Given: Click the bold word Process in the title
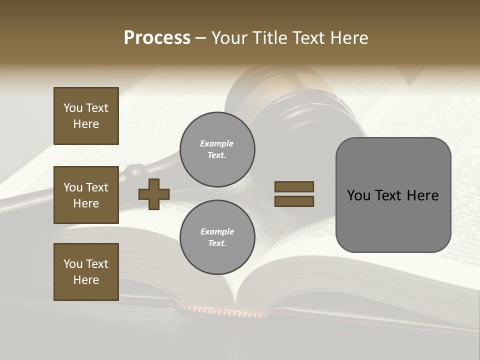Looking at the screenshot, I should (x=157, y=37).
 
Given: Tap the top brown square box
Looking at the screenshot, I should (x=86, y=116).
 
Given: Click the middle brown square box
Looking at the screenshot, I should (x=86, y=195).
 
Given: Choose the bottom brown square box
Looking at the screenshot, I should (x=86, y=272).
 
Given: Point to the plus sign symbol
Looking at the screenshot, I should (x=153, y=194).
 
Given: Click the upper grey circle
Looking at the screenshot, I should (x=217, y=149).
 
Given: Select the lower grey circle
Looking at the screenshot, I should (x=217, y=237).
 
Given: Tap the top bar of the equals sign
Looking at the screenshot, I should (x=294, y=187).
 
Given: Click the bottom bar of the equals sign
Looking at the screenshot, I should (x=294, y=201).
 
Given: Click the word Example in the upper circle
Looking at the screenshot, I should (x=217, y=143).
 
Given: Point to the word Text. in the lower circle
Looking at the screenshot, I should (x=217, y=243).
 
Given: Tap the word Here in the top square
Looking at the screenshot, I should (x=86, y=124).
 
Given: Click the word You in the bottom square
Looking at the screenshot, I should (x=73, y=264).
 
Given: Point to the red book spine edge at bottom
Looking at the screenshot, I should (x=225, y=312).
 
